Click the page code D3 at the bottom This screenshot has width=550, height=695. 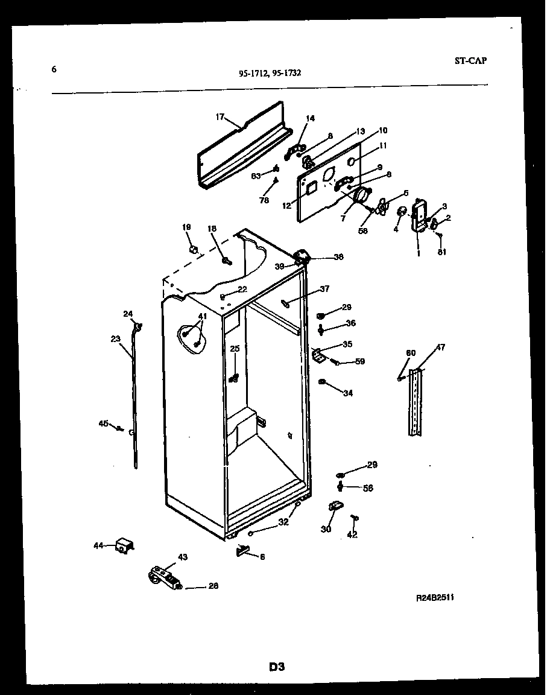click(276, 667)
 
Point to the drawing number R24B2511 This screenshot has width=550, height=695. click(435, 597)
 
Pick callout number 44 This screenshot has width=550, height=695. click(98, 545)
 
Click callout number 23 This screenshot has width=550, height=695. click(116, 339)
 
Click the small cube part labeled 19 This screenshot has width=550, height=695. click(193, 249)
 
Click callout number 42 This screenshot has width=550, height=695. click(352, 534)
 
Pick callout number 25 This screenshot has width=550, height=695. click(235, 348)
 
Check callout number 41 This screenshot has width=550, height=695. click(202, 316)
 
